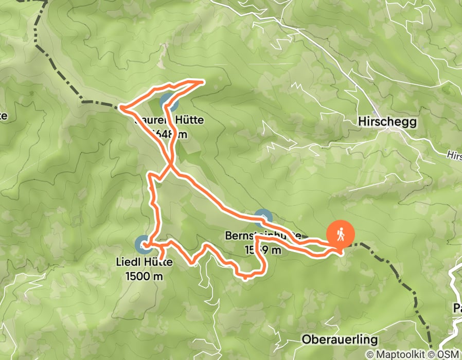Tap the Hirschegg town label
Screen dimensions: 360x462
387,122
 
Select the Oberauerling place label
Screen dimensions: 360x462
340,340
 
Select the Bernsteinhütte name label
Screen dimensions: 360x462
254,236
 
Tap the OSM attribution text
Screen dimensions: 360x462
448,354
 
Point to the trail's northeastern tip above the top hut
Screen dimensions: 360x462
204,81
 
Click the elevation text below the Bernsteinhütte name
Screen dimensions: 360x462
263,250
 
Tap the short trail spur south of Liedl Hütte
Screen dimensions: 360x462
162,253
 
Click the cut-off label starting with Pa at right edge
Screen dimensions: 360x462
457,309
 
